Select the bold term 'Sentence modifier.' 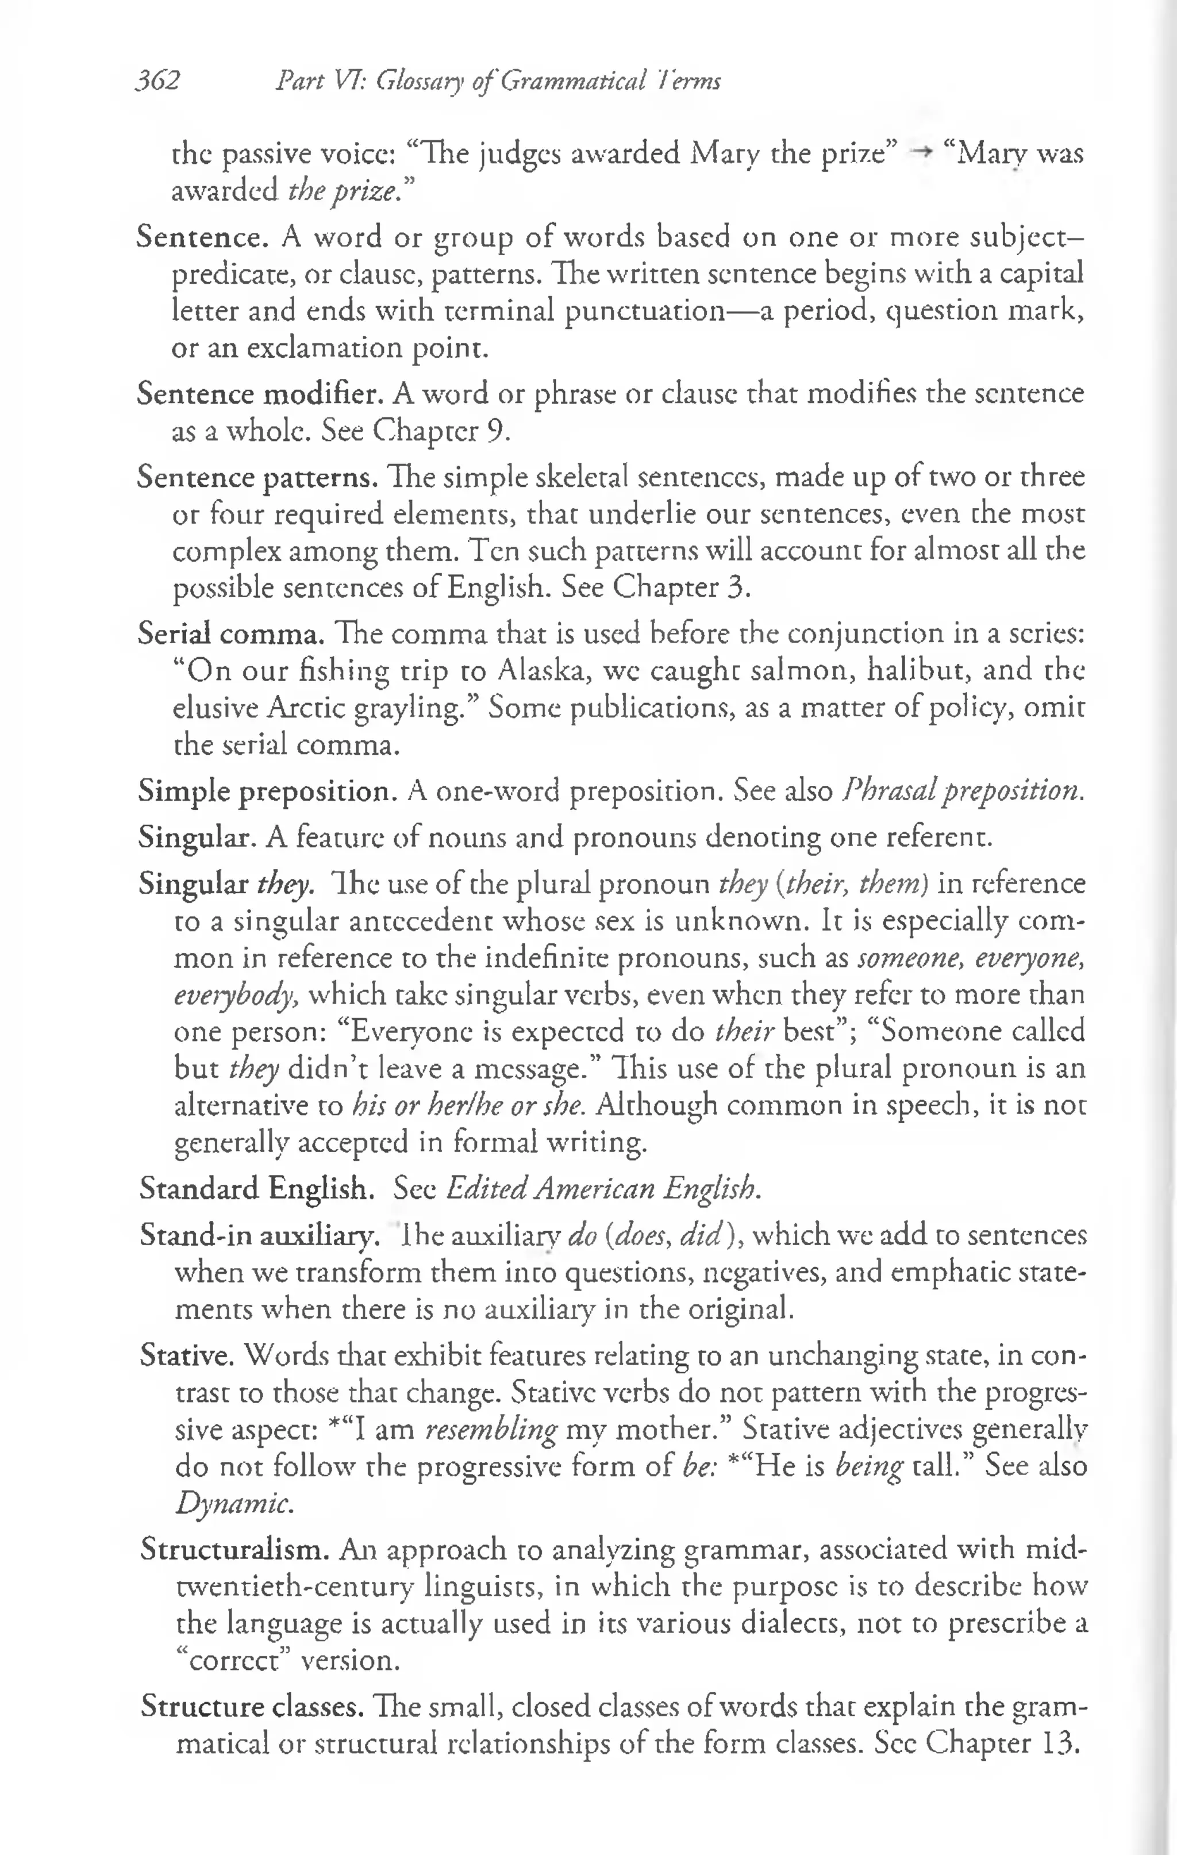pos(260,394)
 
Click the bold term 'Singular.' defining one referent pos(197,836)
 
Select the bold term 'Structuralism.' pos(235,1549)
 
